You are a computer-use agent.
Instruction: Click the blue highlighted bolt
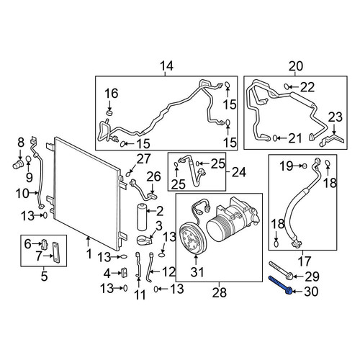(280, 285)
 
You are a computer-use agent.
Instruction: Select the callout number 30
(311, 292)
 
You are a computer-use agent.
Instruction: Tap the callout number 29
(312, 276)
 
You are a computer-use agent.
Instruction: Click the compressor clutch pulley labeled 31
(192, 238)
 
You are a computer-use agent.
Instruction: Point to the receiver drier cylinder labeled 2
(143, 217)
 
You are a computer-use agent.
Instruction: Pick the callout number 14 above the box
(166, 66)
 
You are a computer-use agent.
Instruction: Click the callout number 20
(296, 66)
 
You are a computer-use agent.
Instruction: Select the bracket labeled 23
(333, 140)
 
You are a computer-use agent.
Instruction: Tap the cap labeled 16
(109, 113)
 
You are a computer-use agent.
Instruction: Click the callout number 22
(307, 87)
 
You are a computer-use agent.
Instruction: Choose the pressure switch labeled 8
(18, 164)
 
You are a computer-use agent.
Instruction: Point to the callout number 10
(22, 194)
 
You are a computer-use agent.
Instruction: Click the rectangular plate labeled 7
(56, 253)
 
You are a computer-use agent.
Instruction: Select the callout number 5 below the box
(44, 276)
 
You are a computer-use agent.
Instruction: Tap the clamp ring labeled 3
(145, 240)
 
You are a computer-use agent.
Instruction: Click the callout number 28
(220, 292)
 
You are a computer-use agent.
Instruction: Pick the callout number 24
(239, 172)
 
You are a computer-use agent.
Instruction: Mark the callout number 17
(304, 261)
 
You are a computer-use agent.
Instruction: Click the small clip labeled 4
(125, 272)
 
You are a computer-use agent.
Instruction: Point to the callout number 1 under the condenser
(89, 253)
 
